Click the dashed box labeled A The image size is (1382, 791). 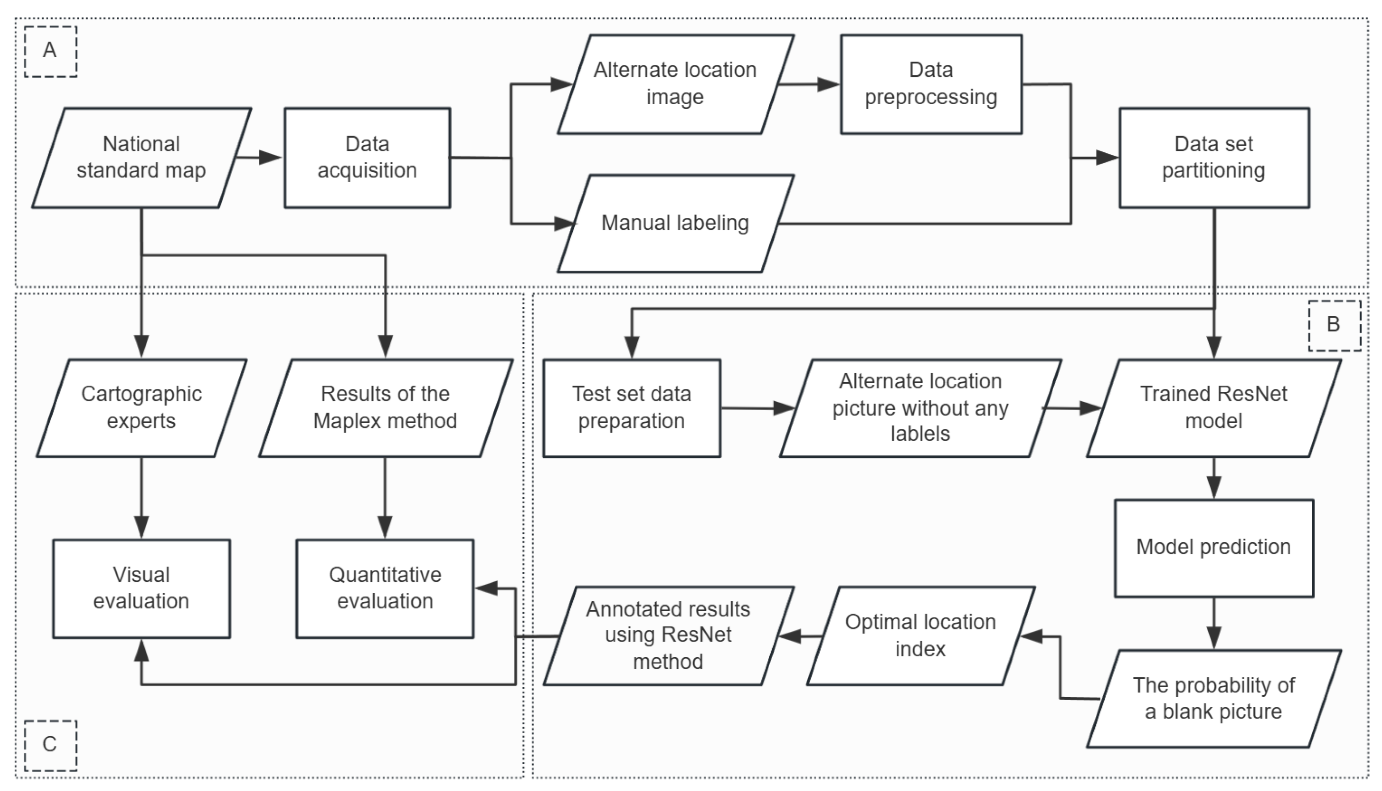pos(50,51)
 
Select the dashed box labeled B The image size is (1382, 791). pos(1334,325)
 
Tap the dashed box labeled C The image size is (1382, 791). pos(50,745)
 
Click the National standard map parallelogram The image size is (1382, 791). pos(141,157)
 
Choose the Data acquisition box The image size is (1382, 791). pos(367,157)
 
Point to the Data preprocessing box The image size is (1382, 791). pos(931,84)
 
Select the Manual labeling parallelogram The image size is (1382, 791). pos(675,223)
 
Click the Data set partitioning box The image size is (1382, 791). pos(1214,157)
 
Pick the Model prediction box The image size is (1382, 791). pos(1214,548)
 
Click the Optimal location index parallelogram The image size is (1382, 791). pos(920,635)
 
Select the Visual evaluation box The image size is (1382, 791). pos(141,588)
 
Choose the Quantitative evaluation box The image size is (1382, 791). pos(385,588)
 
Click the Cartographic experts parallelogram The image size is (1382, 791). pos(141,408)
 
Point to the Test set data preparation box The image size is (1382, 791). pos(632,408)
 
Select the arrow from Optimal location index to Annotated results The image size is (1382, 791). pos(798,636)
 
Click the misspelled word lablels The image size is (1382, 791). pos(920,434)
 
